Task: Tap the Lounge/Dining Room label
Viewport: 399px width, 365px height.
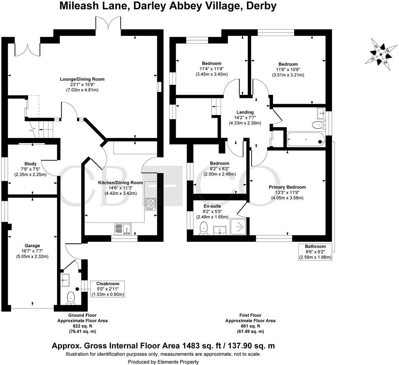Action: point(82,79)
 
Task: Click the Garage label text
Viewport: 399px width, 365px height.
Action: point(33,246)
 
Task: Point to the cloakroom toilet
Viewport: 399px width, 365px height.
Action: point(71,298)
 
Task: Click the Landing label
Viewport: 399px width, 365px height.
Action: point(245,112)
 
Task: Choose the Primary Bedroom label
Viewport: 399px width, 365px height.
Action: point(287,187)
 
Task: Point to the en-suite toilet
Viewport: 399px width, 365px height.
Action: point(204,228)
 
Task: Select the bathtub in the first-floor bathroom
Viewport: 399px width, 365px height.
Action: point(306,139)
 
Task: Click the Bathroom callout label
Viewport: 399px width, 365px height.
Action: point(315,246)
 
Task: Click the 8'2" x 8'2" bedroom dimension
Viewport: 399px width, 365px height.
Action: point(220,169)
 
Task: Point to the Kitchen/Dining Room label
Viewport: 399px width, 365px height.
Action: point(121,182)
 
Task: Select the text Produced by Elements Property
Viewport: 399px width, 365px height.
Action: point(163,362)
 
